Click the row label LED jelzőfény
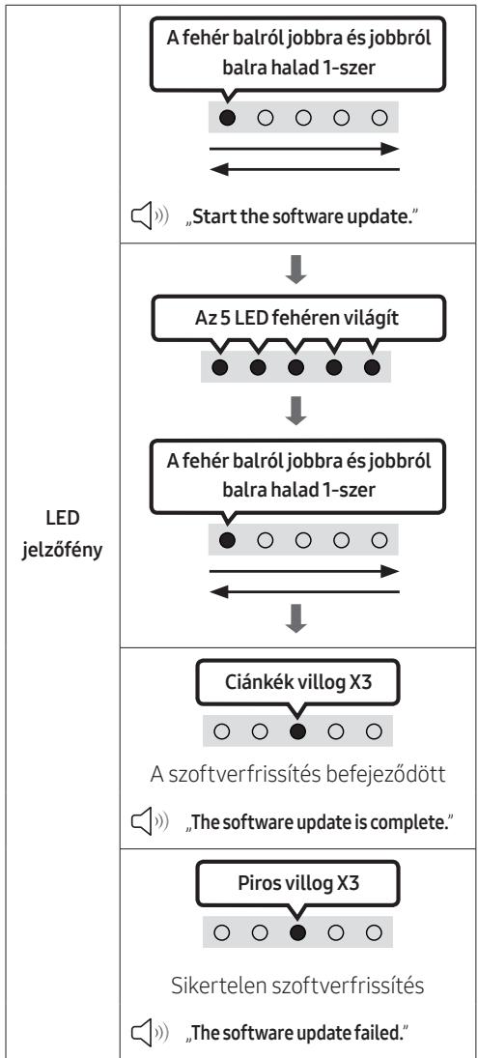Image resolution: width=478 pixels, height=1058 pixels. click(63, 533)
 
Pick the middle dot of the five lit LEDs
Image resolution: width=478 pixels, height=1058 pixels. click(295, 368)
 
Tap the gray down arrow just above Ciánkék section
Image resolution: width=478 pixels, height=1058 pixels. click(295, 619)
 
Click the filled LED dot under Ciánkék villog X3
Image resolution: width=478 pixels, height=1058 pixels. click(298, 730)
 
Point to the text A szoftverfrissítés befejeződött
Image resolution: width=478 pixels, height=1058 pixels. click(298, 775)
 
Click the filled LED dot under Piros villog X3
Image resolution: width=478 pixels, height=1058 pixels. click(298, 932)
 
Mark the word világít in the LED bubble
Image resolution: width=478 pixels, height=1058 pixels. click(372, 319)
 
